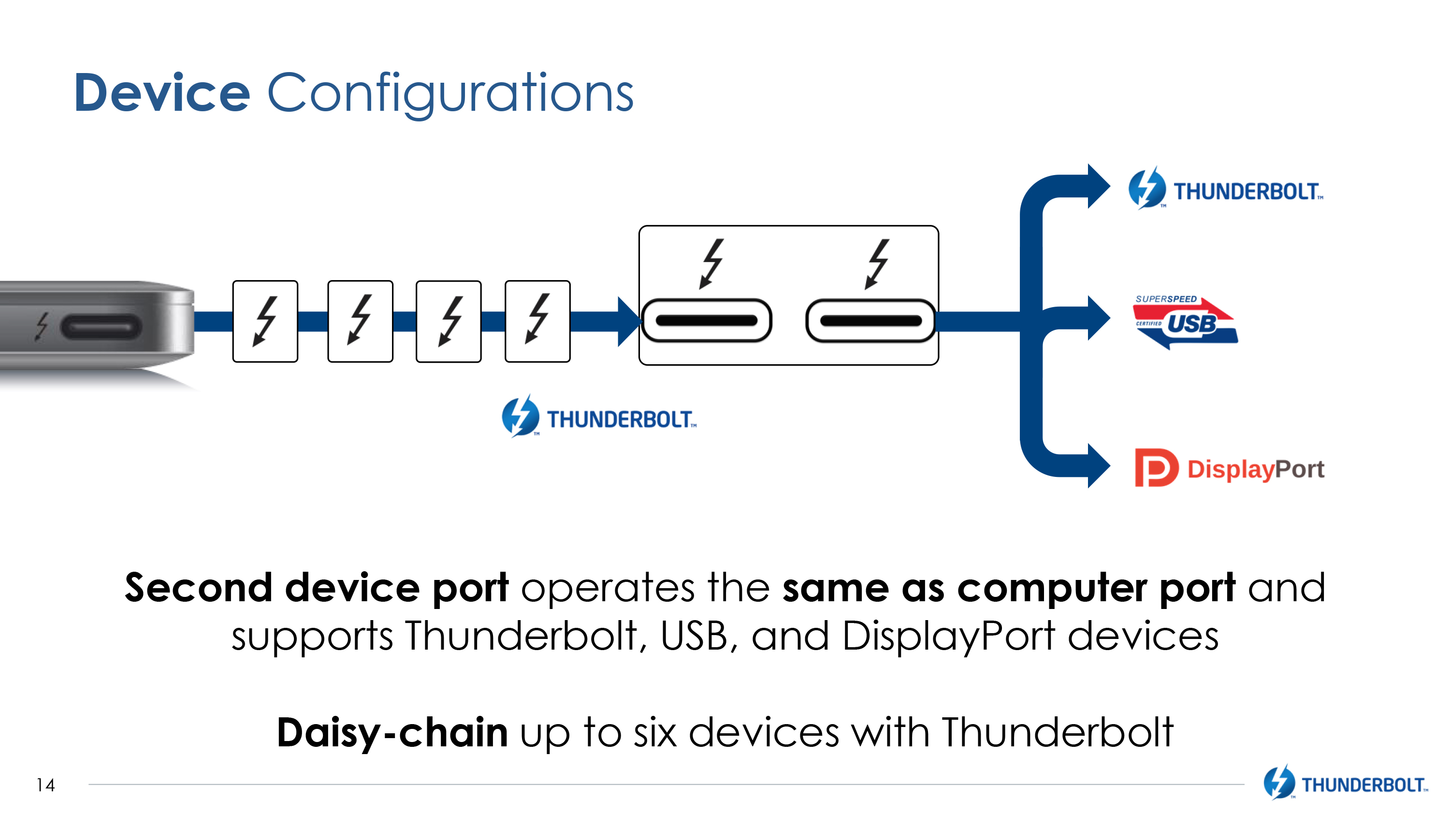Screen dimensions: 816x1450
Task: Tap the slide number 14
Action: (45, 785)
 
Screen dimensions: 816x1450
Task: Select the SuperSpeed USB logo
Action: (1185, 322)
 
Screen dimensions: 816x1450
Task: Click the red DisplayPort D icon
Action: (1155, 467)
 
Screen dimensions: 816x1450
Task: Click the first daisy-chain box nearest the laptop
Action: (265, 321)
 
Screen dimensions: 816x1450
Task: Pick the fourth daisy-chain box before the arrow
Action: (537, 321)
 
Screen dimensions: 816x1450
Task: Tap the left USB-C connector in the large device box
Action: (707, 320)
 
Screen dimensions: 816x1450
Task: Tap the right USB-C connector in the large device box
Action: (870, 320)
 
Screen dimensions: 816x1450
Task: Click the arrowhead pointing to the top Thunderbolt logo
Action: (1098, 186)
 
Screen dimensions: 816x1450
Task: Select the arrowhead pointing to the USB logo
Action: (1098, 318)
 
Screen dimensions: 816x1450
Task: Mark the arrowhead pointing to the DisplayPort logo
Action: (1098, 466)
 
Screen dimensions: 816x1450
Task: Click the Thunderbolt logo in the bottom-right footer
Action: (1345, 783)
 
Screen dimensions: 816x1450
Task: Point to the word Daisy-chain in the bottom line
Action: (392, 732)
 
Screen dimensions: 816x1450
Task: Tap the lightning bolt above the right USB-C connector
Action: (876, 263)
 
